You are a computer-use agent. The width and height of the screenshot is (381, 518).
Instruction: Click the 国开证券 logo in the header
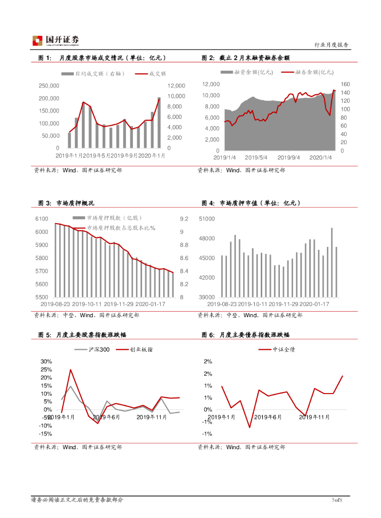56,40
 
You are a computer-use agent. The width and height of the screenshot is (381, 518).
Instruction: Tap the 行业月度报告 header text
331,45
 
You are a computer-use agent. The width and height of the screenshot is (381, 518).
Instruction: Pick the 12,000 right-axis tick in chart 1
177,86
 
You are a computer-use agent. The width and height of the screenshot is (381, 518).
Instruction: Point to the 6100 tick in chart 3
41,219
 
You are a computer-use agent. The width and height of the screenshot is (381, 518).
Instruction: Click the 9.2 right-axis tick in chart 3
184,219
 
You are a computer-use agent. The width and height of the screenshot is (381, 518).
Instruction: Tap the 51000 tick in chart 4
207,219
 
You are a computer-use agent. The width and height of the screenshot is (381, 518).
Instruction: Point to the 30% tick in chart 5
46,361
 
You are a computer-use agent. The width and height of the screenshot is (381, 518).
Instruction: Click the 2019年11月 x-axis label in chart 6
314,417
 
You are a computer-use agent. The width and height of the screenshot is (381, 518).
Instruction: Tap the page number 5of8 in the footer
338,500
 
